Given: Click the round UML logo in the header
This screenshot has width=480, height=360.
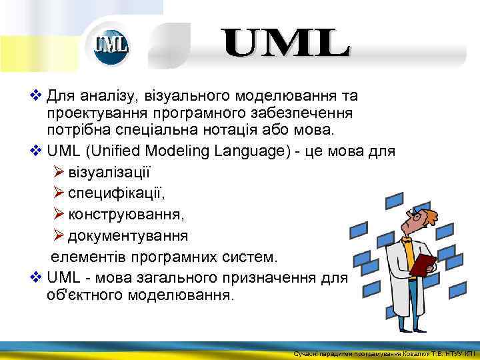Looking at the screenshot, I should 109,45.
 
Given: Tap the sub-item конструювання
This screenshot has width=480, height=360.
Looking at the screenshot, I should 127,215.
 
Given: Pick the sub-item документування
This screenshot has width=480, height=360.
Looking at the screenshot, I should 127,236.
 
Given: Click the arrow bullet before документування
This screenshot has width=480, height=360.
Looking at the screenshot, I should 59,235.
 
